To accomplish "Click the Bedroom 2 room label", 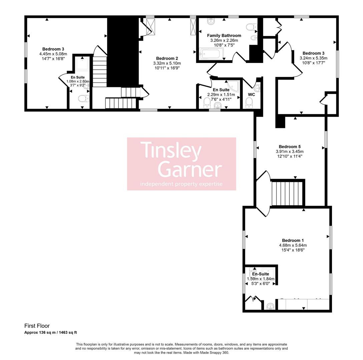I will click(167, 58).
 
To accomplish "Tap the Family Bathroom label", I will click(224, 36).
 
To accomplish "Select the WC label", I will click(252, 95).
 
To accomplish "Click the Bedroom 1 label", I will click(293, 240).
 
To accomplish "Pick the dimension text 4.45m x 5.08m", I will click(53, 54).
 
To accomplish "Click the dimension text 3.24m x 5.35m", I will click(313, 58).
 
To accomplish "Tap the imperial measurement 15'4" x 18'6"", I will click(293, 250).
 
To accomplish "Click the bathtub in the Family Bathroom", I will click(211, 54).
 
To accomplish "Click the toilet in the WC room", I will click(249, 103).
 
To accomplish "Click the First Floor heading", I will click(37, 326).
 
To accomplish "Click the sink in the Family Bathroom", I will click(211, 22).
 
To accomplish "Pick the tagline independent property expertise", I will click(181, 184).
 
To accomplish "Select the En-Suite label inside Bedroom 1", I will click(261, 274).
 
